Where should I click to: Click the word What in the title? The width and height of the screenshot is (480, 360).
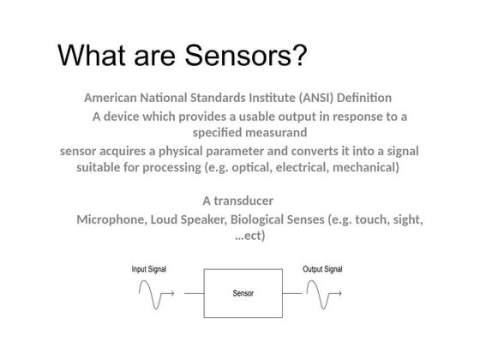(x=89, y=56)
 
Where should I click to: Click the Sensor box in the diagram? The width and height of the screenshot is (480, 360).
(x=243, y=293)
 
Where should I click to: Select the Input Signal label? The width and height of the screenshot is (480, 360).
(x=149, y=269)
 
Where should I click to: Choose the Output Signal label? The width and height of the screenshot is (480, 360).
(x=322, y=269)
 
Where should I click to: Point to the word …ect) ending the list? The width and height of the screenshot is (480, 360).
(x=249, y=236)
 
